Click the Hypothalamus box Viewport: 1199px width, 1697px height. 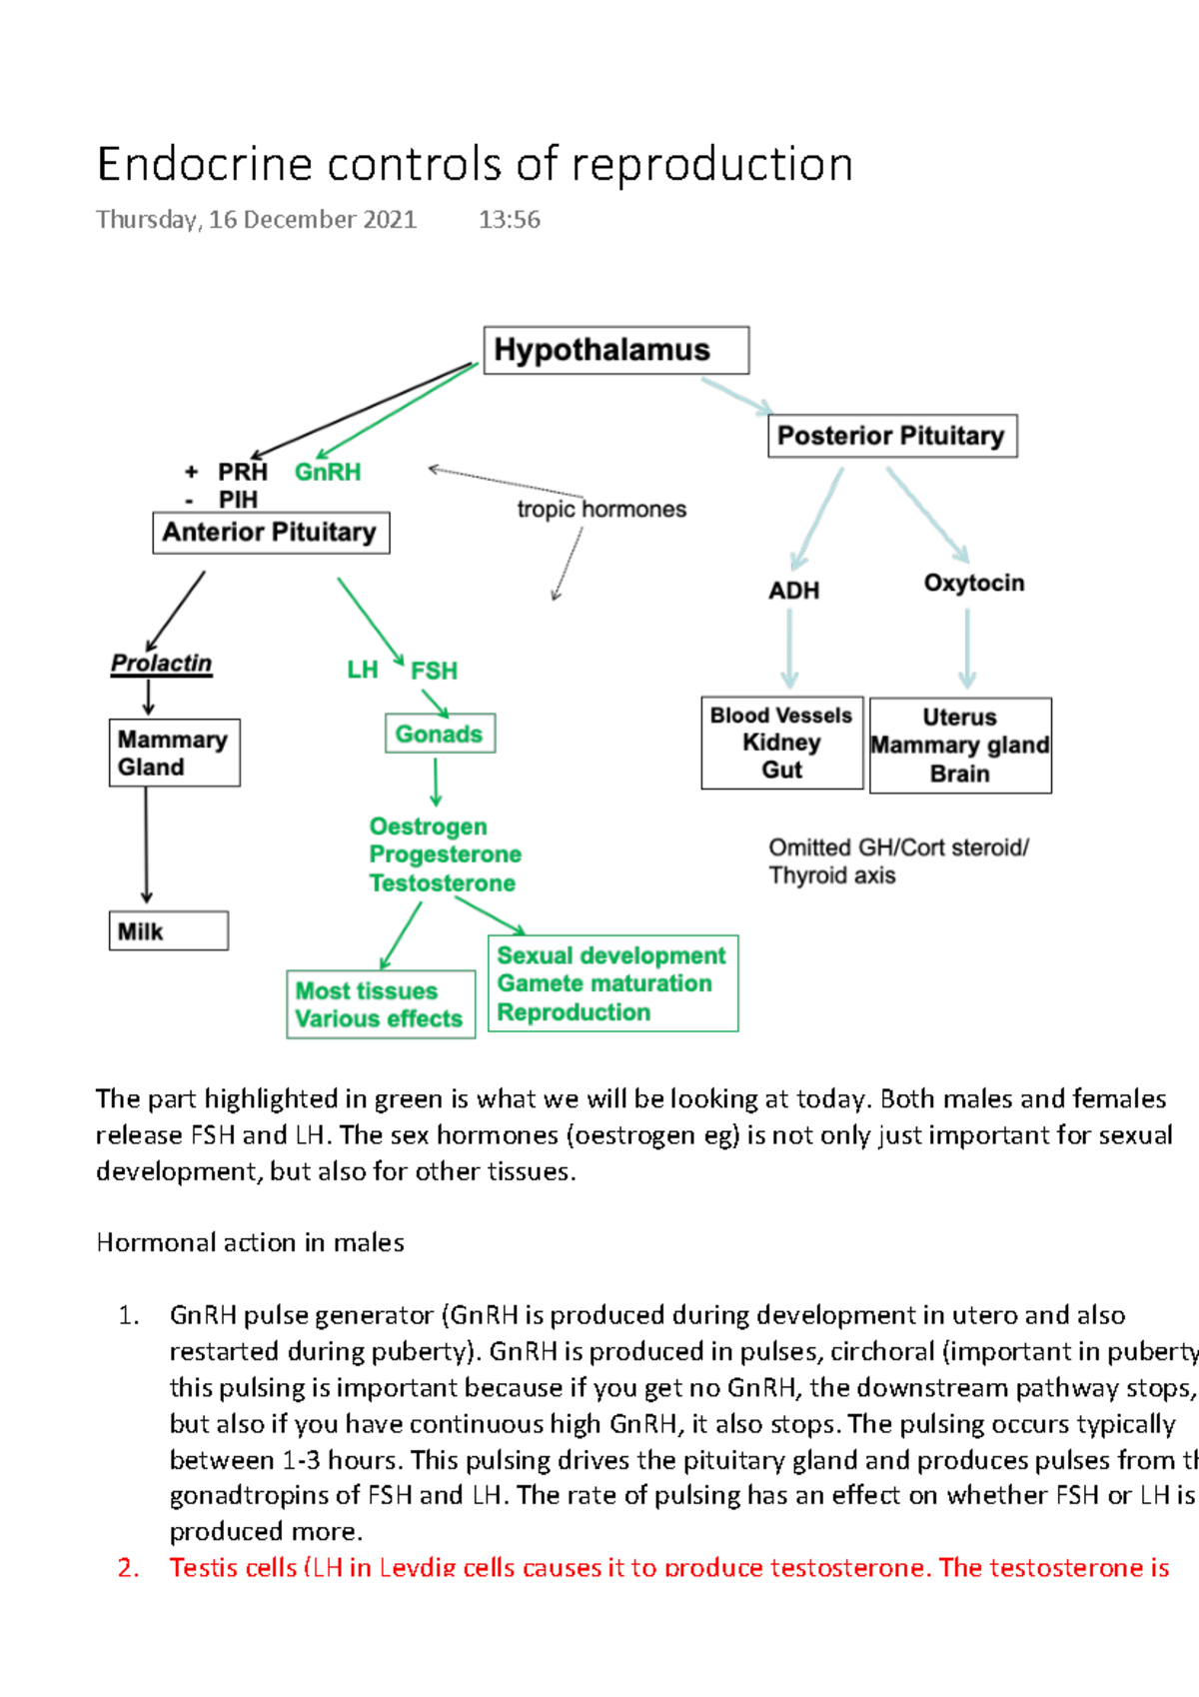(615, 351)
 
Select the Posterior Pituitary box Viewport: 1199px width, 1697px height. (891, 436)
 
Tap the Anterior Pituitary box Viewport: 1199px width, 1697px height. (270, 533)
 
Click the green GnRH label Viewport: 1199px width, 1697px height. (328, 472)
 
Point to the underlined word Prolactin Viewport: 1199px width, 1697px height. (161, 664)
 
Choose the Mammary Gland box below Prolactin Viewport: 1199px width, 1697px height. (174, 753)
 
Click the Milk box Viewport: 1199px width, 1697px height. (168, 930)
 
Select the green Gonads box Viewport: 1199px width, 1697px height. (439, 734)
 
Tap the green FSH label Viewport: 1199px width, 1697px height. (434, 671)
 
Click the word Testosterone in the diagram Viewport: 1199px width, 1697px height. (442, 882)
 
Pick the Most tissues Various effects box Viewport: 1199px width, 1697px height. (380, 1004)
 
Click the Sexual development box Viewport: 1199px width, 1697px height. (611, 983)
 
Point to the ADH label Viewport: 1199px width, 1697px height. (793, 591)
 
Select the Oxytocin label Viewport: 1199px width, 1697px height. (973, 583)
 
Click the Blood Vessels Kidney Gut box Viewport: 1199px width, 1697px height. (781, 743)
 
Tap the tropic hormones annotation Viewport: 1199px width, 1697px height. (601, 510)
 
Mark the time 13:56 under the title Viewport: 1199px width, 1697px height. (509, 220)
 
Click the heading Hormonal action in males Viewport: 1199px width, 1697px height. (250, 1242)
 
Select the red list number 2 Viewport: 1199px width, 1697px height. (128, 1567)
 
